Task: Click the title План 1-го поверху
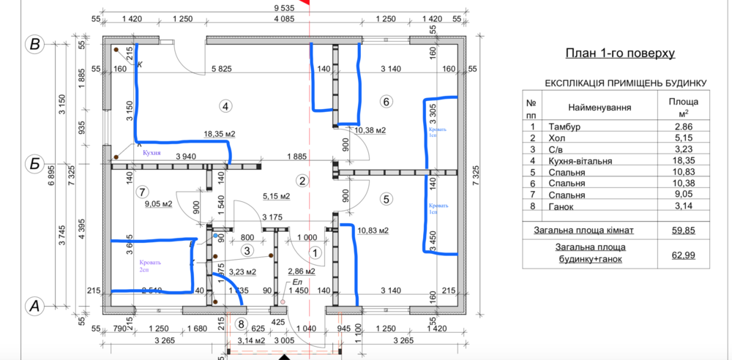click(620, 53)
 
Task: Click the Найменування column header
click(600, 108)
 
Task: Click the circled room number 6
click(386, 101)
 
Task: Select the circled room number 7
click(142, 192)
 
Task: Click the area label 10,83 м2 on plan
click(372, 231)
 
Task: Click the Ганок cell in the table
click(561, 207)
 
